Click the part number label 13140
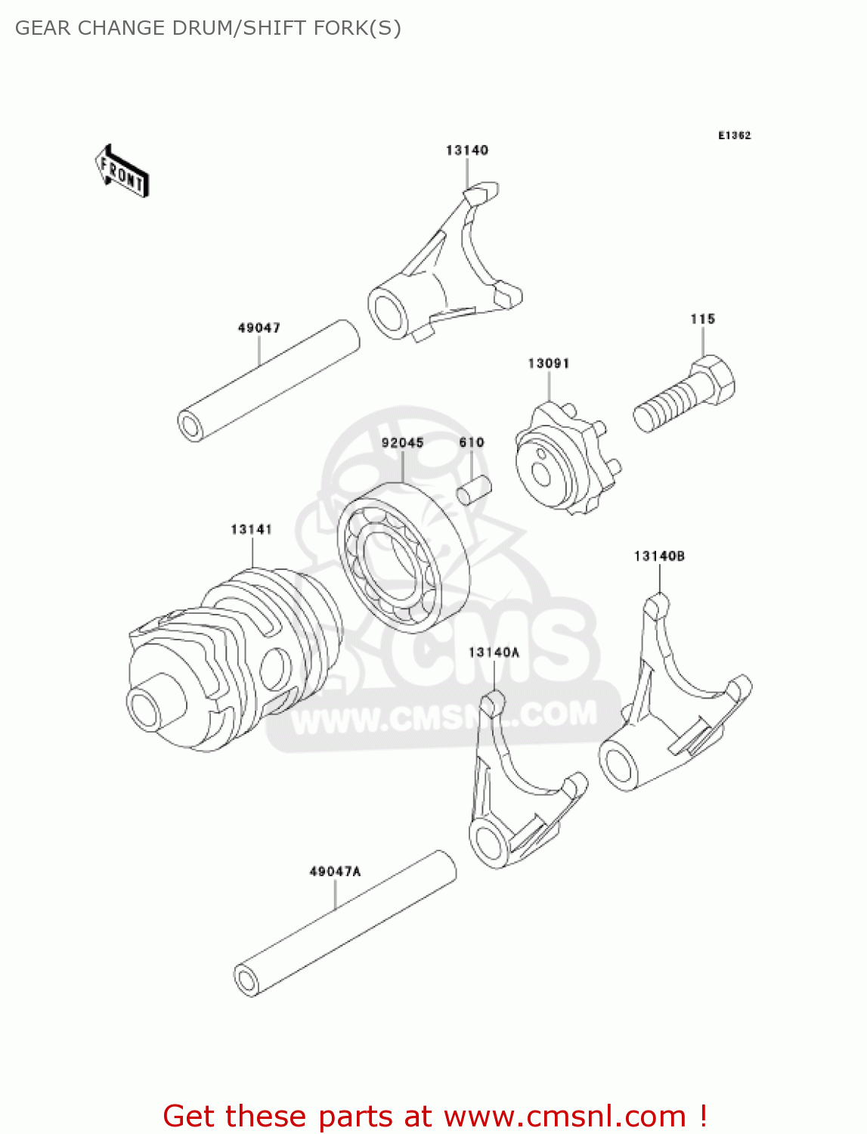click(x=466, y=150)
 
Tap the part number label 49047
click(x=259, y=328)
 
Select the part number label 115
click(x=702, y=319)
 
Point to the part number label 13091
click(x=548, y=364)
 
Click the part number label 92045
click(x=402, y=443)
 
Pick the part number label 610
click(x=471, y=443)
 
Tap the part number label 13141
click(x=251, y=530)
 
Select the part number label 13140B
click(x=659, y=556)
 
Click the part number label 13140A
click(x=494, y=652)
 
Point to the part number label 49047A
click(x=335, y=872)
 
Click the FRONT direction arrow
click(x=122, y=172)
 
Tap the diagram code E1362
click(x=734, y=136)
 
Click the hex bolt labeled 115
click(x=684, y=395)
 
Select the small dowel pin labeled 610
click(x=474, y=489)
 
